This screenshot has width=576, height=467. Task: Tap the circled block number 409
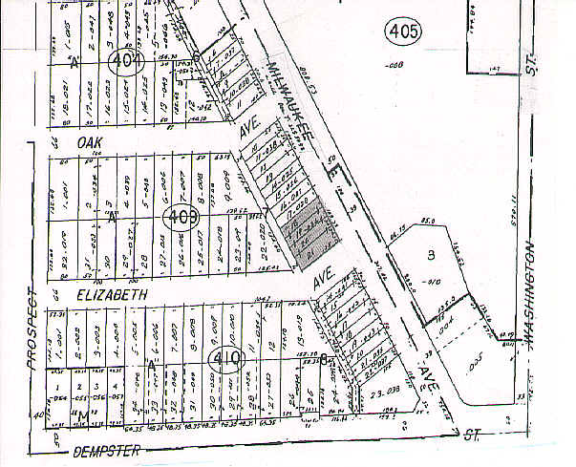(181, 217)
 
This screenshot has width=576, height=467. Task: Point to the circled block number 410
(227, 360)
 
